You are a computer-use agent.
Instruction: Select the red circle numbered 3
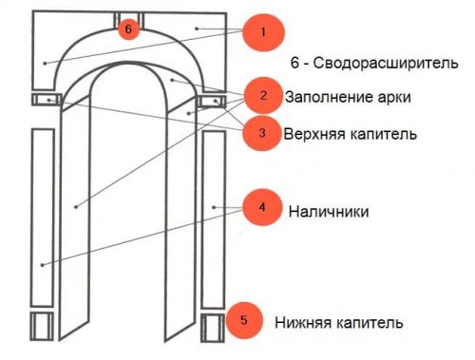262,132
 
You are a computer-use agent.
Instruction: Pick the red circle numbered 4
261,207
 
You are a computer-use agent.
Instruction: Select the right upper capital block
212,100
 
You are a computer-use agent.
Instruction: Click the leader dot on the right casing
217,206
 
